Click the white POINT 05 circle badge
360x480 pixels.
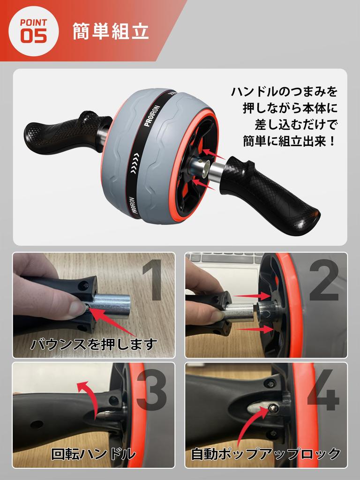(33, 31)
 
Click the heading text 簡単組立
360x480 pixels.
(111, 31)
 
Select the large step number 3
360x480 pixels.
(151, 390)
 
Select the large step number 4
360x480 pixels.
(323, 390)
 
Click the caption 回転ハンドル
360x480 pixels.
(93, 453)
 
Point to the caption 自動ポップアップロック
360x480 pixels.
(266, 453)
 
